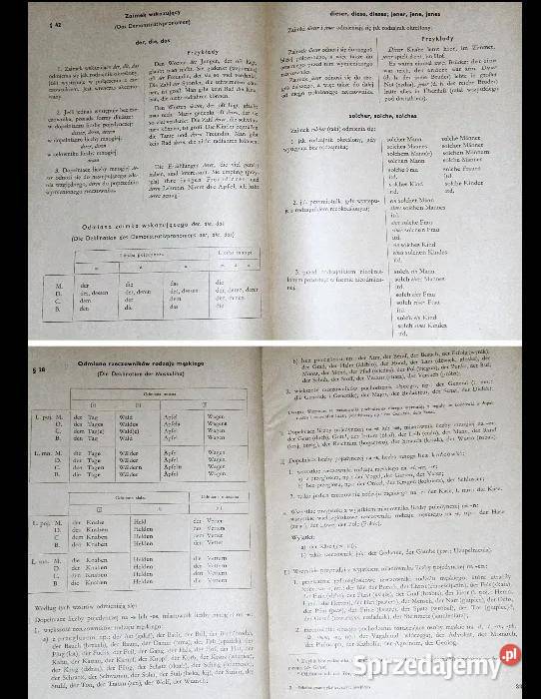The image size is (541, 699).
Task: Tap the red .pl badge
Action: pyautogui.click(x=512, y=654)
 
